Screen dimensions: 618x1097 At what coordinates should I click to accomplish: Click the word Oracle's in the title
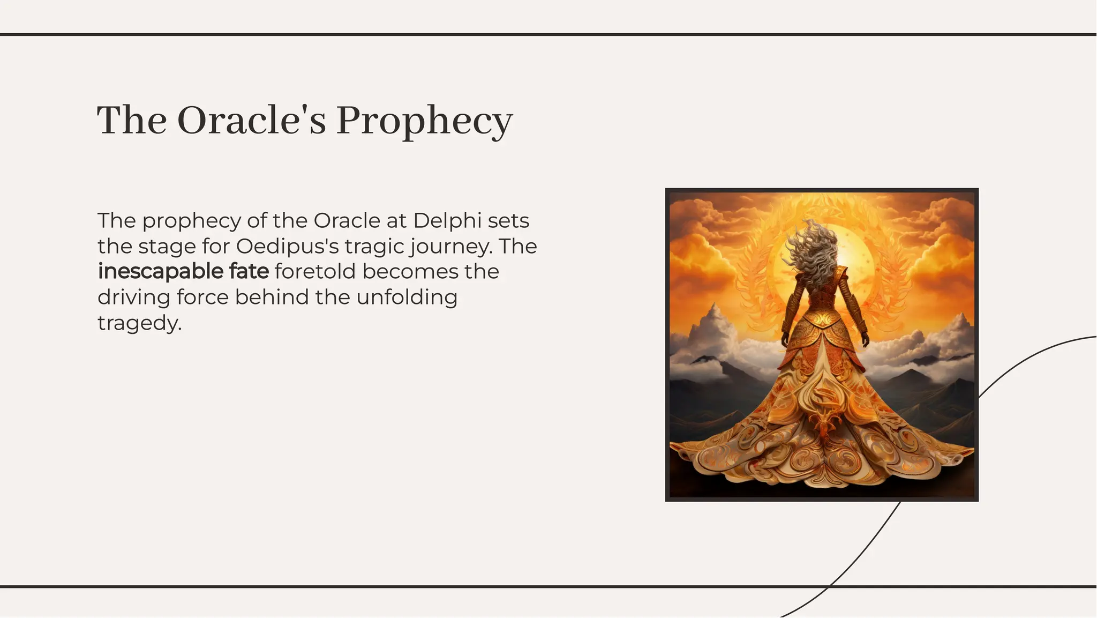[x=251, y=120]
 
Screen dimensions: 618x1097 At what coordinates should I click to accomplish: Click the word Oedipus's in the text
[x=287, y=246]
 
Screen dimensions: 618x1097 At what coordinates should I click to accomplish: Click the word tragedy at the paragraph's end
[x=139, y=323]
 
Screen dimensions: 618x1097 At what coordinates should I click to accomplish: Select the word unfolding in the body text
[x=407, y=297]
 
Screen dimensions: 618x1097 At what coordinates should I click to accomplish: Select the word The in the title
[x=131, y=120]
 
